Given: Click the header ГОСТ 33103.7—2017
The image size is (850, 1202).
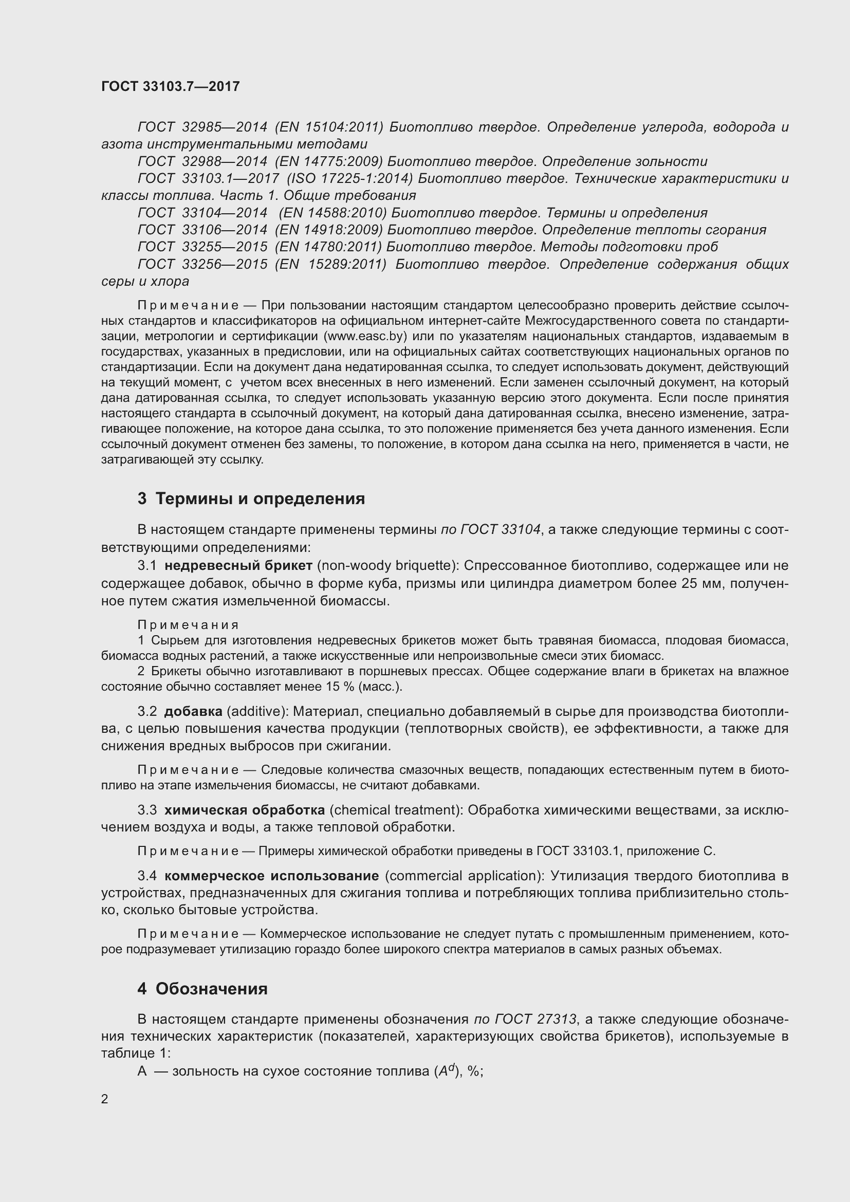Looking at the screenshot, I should coord(170,86).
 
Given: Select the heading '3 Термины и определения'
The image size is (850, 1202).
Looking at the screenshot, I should coord(251,498).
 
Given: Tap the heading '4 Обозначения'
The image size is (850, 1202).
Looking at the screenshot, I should coord(202,988).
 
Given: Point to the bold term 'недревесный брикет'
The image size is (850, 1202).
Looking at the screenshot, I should coord(238,566).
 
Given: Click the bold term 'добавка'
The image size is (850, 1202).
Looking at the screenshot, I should coord(193,711).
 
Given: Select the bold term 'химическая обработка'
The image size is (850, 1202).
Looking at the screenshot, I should coord(245,810).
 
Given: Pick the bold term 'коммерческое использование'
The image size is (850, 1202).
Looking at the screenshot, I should coord(271,876).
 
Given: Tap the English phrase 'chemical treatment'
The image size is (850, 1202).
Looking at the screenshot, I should coord(396,810).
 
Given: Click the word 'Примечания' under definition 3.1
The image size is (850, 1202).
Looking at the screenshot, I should coord(188,624).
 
